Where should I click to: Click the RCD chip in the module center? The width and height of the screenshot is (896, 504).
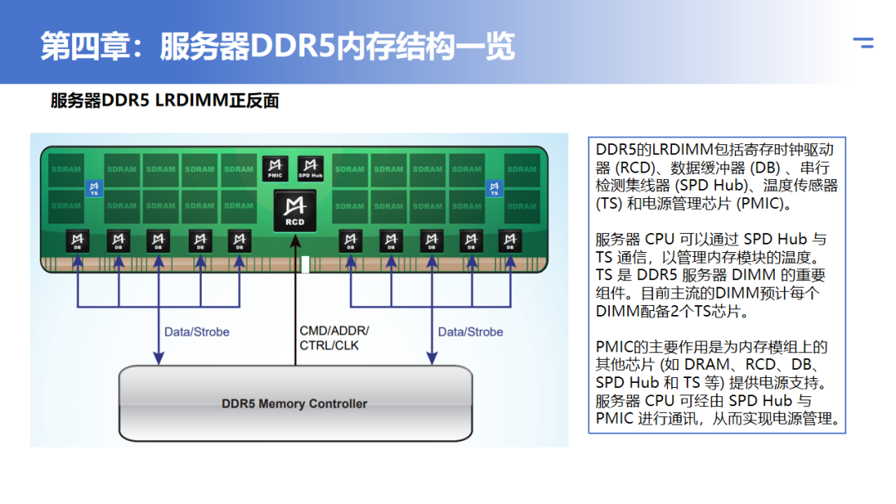point(295,210)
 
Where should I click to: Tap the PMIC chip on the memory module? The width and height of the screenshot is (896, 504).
point(275,168)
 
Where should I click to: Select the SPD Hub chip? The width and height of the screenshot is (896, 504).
point(310,168)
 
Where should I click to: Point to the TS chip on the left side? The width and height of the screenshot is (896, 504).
point(94,188)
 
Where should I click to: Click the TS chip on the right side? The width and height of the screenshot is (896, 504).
point(494,188)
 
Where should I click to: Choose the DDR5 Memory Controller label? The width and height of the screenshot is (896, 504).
point(295,404)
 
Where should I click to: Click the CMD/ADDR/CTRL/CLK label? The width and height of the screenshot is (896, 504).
point(334,337)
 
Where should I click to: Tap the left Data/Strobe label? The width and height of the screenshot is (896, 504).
point(197,332)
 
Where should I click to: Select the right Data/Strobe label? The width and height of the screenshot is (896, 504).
point(470,332)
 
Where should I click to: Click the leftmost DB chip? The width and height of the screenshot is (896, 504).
point(78,240)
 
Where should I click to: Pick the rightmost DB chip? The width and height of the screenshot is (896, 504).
point(510,240)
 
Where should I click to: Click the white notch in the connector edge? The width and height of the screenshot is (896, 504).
point(304,265)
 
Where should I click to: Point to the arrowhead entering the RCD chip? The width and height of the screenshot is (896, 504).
point(295,238)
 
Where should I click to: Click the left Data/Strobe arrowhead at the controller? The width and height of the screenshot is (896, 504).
point(158,357)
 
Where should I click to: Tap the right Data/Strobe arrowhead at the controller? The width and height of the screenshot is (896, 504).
point(431,357)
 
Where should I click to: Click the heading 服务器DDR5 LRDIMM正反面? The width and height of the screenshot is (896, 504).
point(164,101)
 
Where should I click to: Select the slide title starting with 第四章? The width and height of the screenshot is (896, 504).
point(278,46)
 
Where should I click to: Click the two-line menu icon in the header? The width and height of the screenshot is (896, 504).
point(864,42)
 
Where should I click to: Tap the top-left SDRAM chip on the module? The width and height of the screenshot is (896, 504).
point(66,169)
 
